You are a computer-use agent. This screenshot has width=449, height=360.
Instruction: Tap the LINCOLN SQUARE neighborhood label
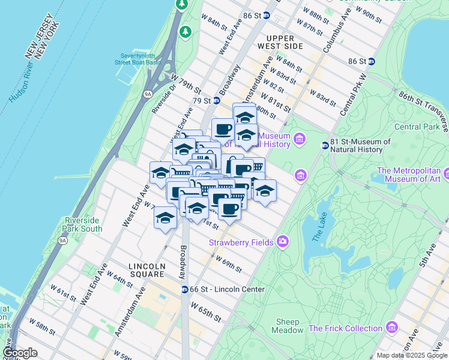click(147, 271)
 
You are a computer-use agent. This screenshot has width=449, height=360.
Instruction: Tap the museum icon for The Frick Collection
click(392, 328)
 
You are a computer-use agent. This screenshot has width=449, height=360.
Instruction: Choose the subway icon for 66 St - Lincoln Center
click(185, 289)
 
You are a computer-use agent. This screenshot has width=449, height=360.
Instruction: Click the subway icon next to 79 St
click(216, 101)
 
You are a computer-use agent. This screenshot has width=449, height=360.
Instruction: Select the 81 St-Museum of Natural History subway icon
click(325, 145)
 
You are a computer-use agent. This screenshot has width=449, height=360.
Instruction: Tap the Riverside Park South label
click(83, 224)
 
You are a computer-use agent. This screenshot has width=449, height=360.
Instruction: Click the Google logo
click(20, 353)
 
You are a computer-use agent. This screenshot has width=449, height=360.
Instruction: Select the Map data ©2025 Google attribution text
click(412, 355)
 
